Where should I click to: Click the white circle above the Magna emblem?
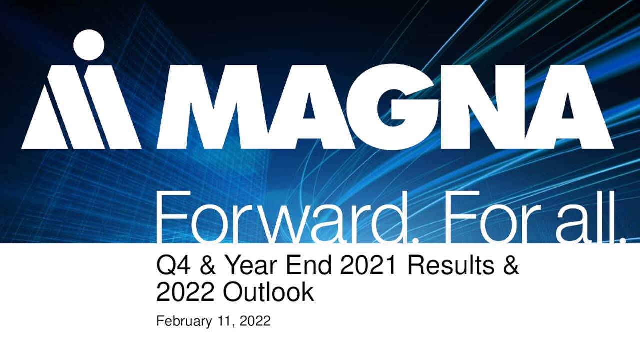[x=89, y=45]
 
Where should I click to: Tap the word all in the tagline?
[x=588, y=218]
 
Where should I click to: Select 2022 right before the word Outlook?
[x=185, y=292]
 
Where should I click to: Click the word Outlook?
[x=268, y=292]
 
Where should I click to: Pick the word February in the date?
[x=184, y=321]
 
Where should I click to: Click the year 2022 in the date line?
[x=255, y=321]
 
